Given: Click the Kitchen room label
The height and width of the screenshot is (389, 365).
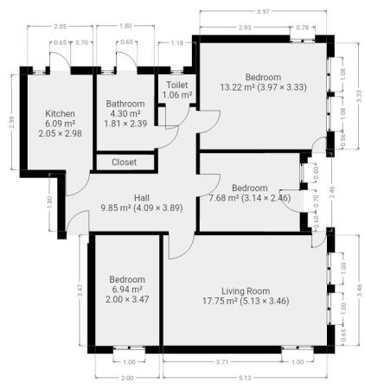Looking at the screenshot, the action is [60, 113].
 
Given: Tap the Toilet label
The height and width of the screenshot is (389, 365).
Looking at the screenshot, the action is [177, 85].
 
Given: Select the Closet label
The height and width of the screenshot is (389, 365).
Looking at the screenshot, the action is [124, 163].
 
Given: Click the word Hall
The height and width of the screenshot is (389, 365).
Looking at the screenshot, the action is [142, 198].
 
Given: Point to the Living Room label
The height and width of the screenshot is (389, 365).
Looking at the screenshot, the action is [246, 291].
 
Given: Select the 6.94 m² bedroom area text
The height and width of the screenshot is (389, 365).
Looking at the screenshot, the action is [127, 290].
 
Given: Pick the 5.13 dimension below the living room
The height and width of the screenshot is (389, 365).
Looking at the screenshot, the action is [245, 378].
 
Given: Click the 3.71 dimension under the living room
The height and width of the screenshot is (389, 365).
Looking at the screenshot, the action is [222, 362].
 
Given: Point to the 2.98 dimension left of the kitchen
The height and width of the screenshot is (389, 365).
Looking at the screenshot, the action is [11, 122].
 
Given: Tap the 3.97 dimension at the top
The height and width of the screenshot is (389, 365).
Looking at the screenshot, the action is [263, 12].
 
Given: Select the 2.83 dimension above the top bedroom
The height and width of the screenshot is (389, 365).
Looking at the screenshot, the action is [245, 28].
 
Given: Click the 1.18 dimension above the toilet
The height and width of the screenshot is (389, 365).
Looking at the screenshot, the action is [176, 43].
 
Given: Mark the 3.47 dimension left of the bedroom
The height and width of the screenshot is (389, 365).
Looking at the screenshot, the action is [80, 290].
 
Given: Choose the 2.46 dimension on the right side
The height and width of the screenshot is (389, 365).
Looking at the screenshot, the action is [331, 192].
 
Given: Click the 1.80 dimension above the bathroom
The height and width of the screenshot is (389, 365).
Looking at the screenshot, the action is [125, 26].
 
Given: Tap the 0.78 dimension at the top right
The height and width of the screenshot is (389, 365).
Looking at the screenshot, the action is [303, 28].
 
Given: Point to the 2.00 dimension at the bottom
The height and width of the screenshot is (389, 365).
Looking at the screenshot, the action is [127, 378].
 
